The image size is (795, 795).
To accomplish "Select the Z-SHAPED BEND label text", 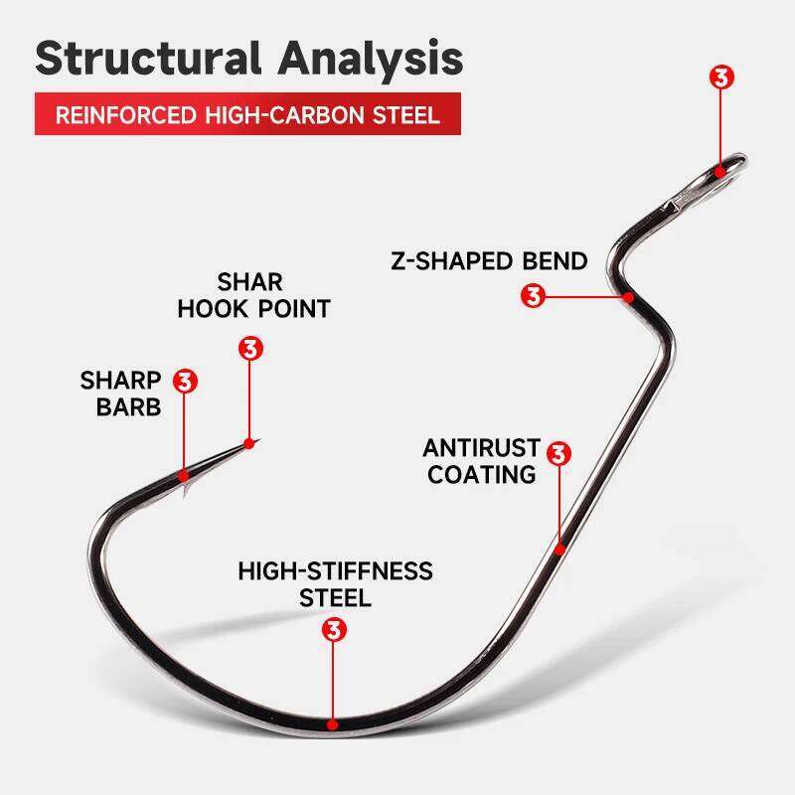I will coord(488,261).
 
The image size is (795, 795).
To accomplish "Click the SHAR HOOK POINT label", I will coord(253,295).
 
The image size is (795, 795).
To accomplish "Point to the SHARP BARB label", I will coord(120,394).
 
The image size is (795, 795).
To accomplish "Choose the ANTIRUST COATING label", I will coord(481,461).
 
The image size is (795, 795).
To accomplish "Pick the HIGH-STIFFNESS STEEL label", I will coord(336,584).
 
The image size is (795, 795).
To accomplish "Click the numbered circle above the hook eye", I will coord(722,79).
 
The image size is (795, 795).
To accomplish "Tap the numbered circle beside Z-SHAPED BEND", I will coord(534,296).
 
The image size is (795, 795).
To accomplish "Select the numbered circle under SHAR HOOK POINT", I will coord(249,349).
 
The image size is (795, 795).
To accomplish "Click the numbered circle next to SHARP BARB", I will coord(186,380).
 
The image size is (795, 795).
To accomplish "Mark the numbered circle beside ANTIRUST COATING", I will coord(559,453).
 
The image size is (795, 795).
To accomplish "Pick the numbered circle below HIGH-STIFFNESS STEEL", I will coord(335,630).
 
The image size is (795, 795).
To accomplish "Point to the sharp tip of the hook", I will coord(256,439).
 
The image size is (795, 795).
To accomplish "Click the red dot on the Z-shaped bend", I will coord(628,296).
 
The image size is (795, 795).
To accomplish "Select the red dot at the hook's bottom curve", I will coord(335,723).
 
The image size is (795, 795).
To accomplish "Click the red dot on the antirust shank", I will coord(559,548).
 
